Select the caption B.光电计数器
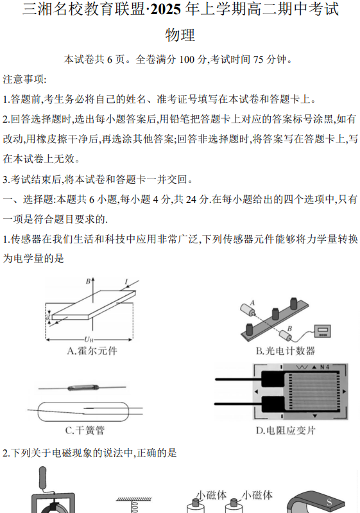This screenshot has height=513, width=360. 285,351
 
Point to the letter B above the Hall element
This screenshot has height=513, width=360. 88,281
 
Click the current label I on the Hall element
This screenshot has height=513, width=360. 126,281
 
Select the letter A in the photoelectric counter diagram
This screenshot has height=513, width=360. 253,302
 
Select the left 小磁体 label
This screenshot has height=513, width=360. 212,495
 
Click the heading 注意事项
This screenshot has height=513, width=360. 24,80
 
